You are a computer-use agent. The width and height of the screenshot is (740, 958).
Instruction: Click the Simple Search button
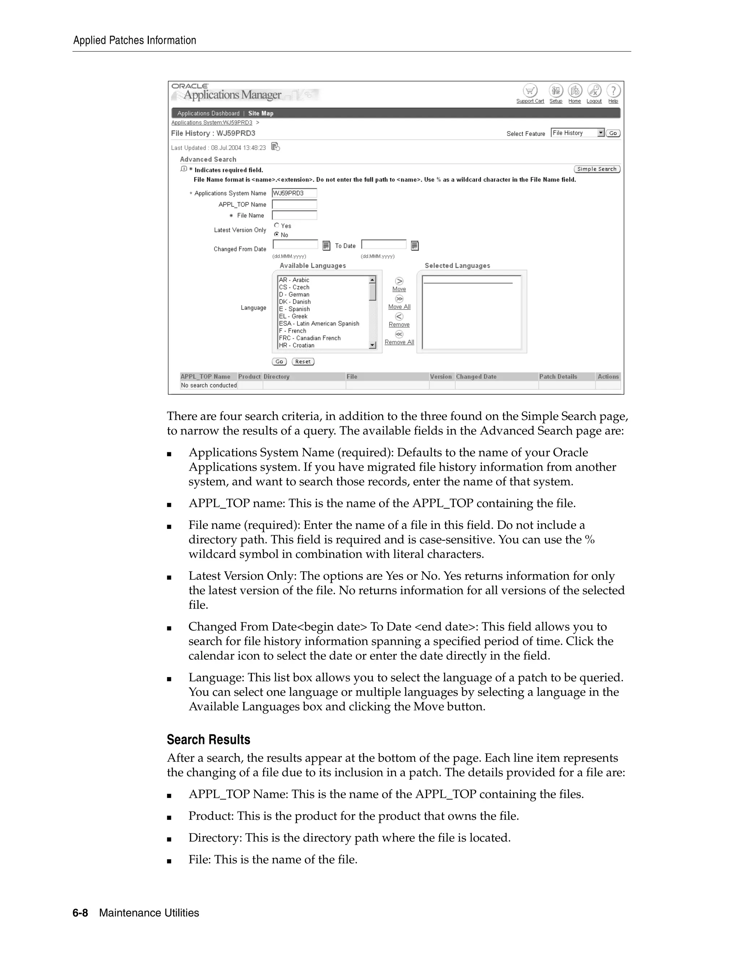(x=597, y=169)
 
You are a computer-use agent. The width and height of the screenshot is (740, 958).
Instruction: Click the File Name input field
(x=294, y=215)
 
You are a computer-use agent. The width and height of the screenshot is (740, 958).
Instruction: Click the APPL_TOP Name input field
(x=294, y=204)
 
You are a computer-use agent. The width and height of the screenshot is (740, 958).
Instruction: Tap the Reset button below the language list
(x=303, y=362)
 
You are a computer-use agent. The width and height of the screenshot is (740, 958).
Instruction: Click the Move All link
(x=399, y=307)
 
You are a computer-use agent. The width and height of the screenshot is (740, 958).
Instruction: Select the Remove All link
(x=399, y=342)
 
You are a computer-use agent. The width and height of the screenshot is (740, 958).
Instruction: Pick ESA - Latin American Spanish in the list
(x=319, y=324)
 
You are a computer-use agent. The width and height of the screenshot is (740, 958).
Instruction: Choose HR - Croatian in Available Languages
(x=296, y=345)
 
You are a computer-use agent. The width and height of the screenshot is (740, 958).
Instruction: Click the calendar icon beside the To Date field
(x=415, y=245)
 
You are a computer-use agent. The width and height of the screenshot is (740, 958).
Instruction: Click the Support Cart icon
(x=530, y=91)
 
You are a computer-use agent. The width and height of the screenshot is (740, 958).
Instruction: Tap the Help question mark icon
(x=613, y=91)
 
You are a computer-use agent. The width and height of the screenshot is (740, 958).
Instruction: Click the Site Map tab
(x=261, y=113)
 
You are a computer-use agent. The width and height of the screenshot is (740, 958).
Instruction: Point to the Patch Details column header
(x=558, y=376)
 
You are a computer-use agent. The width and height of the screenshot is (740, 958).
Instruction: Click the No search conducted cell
(x=209, y=385)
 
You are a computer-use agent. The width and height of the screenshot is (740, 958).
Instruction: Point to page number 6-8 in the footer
(x=80, y=913)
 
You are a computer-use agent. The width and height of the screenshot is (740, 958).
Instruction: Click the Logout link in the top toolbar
(x=594, y=101)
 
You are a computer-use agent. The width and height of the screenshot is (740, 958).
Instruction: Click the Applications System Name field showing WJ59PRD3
(x=294, y=193)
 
